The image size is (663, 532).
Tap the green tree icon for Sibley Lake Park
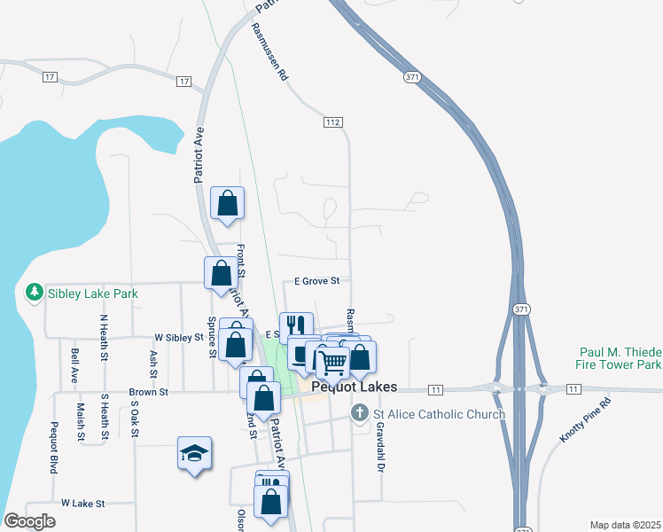(34, 291)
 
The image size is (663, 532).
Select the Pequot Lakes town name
(353, 387)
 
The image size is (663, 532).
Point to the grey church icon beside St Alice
(360, 413)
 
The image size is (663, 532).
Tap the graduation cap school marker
(194, 454)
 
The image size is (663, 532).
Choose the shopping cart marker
(332, 360)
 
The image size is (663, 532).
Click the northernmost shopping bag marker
(228, 203)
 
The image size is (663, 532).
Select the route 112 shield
(332, 121)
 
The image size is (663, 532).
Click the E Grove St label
(317, 281)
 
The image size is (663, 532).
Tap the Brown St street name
(148, 391)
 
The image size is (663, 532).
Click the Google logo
(29, 521)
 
